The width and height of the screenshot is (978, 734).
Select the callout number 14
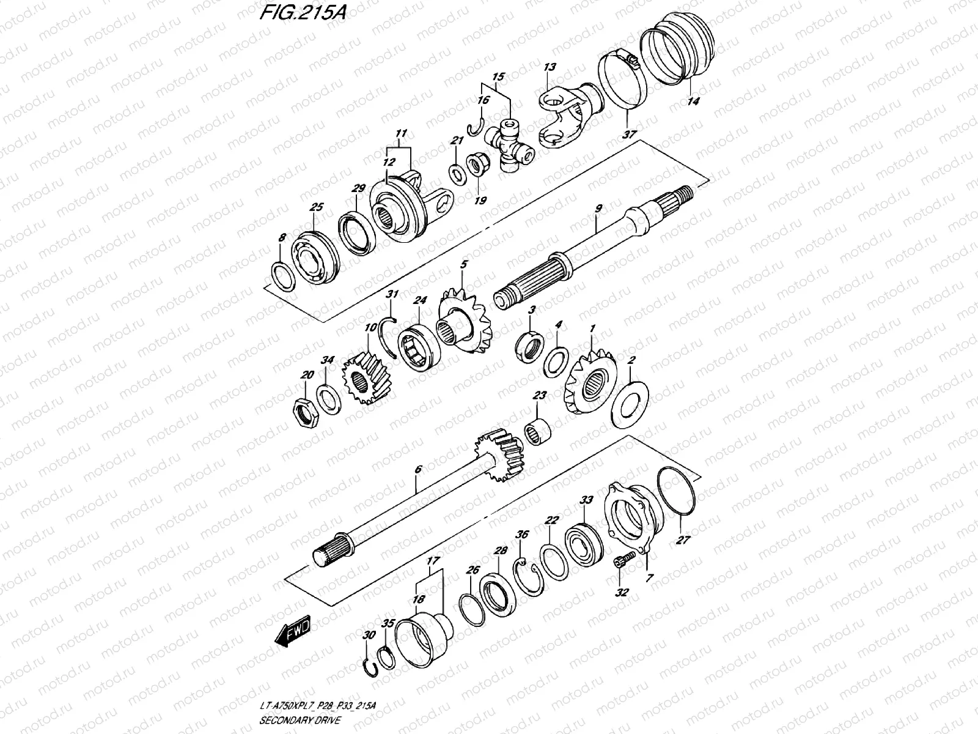693,101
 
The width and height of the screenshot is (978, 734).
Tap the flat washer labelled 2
630,404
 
